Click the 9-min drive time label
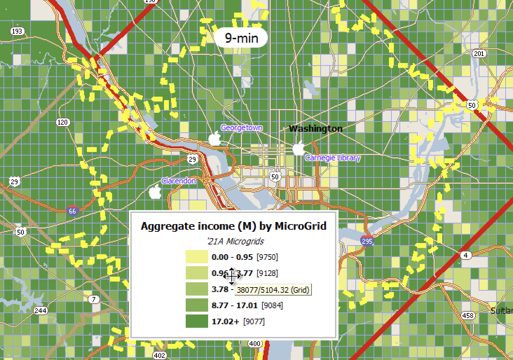[241, 37]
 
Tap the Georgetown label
[241, 128]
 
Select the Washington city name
[315, 129]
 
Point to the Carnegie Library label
[333, 158]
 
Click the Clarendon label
[178, 181]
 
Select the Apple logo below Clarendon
[155, 192]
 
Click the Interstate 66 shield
[73, 210]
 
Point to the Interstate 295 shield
[367, 241]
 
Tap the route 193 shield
[16, 31]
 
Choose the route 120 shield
[63, 122]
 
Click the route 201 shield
[479, 54]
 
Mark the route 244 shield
[41, 311]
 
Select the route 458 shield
[468, 316]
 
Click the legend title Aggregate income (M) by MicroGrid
[233, 226]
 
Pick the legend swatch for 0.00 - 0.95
[197, 257]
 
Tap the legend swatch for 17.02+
[197, 321]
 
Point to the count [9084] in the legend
[272, 305]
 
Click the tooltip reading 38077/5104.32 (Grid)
[273, 290]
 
